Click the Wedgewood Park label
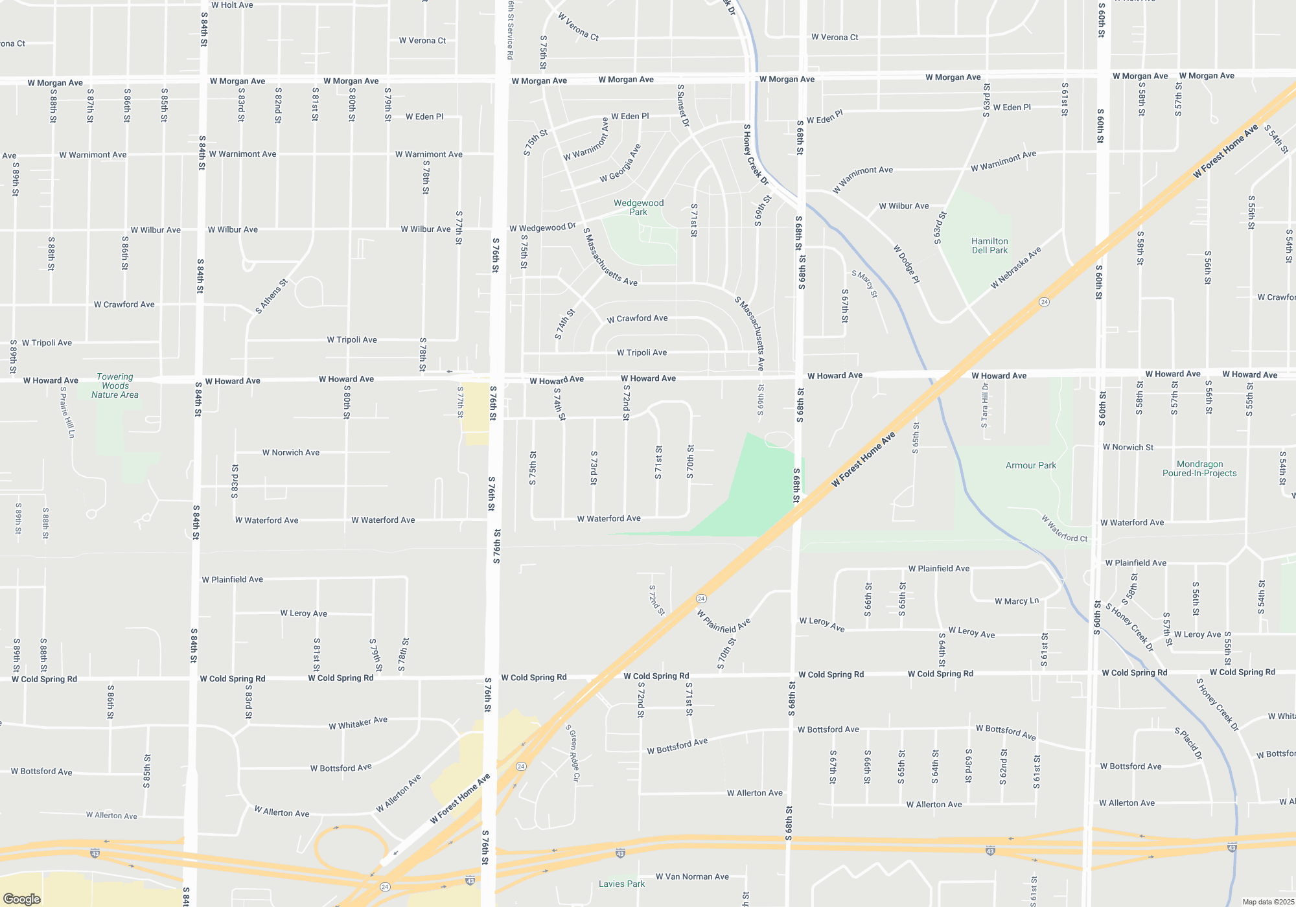coord(638,207)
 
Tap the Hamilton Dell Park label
coord(989,246)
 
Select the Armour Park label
coord(1030,465)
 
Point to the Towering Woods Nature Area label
coord(115,385)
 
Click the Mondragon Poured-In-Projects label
coord(1199,468)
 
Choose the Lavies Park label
coord(621,884)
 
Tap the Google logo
coord(22,899)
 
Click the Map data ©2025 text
coord(1268,902)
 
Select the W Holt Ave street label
coord(232,5)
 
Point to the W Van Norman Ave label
coord(692,877)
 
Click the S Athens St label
coord(271,297)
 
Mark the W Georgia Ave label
coord(620,163)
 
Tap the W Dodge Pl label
coord(907,264)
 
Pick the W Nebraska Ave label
coord(1015,268)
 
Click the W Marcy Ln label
coord(1017,601)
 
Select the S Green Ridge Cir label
coord(573,753)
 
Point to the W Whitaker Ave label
coord(358,723)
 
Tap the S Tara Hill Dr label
coord(984,406)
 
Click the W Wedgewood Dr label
coord(542,227)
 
